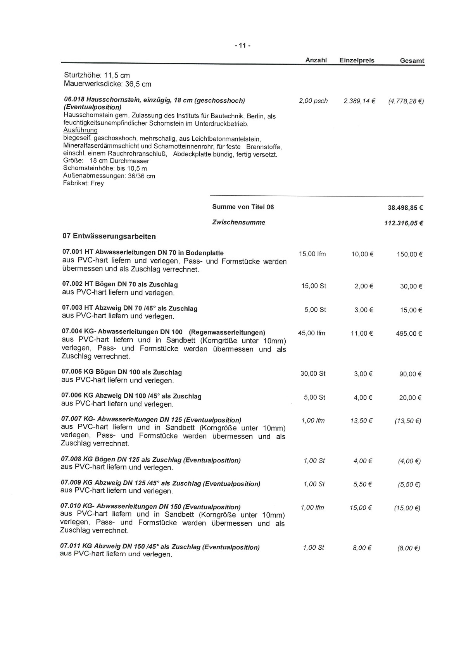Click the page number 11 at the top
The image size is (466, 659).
(243, 46)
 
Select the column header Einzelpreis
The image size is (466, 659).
(357, 60)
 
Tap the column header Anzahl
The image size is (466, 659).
(316, 60)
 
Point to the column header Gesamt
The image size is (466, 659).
(412, 61)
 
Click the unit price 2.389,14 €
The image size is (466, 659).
(359, 101)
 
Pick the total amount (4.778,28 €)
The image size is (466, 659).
(406, 102)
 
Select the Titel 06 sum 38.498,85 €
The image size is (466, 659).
(405, 208)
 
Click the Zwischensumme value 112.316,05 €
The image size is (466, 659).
(403, 223)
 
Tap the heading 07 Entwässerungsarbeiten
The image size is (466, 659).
(109, 236)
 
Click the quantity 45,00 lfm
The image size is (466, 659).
(311, 333)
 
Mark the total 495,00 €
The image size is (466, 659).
(409, 334)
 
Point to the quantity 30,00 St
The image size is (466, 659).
(313, 374)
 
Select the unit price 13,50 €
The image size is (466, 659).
(361, 421)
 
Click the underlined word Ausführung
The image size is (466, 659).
(80, 130)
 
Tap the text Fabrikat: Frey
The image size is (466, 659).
(83, 183)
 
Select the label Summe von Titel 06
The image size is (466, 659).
(243, 207)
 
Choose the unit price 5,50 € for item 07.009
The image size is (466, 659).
(362, 484)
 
